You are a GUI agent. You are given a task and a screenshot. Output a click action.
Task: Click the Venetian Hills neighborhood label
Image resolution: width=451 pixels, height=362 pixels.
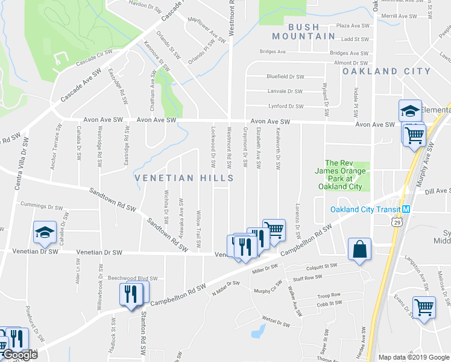coord(183,178)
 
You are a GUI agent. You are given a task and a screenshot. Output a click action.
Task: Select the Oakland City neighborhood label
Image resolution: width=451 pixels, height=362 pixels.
coord(386,71)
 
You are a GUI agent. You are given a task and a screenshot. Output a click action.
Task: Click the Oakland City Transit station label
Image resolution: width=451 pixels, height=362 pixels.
coord(365,209)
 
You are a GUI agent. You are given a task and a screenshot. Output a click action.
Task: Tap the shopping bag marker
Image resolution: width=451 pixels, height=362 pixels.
coord(359,249)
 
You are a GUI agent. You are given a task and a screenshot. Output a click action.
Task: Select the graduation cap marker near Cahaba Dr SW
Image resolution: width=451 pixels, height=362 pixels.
coord(45,233)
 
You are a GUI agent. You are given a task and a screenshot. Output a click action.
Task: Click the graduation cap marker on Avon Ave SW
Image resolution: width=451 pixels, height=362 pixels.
coord(410,111)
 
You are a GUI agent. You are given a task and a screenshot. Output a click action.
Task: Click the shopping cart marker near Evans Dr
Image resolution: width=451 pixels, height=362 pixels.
coord(424,307)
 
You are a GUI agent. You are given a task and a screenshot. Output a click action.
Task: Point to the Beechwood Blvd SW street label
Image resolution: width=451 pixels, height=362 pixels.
coord(132,278)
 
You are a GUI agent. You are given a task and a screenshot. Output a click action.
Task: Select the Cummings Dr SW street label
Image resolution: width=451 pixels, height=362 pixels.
coord(41,207)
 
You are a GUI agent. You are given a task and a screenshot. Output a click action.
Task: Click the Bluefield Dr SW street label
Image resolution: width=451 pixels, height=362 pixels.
coord(285,77)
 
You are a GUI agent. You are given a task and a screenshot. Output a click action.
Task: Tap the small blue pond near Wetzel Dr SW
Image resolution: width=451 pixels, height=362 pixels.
coord(258,331)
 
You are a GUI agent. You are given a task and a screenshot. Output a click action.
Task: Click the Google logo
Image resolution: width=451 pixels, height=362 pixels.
coord(19,355)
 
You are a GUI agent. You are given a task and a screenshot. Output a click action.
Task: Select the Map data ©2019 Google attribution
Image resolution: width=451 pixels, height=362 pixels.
coord(414,357)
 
